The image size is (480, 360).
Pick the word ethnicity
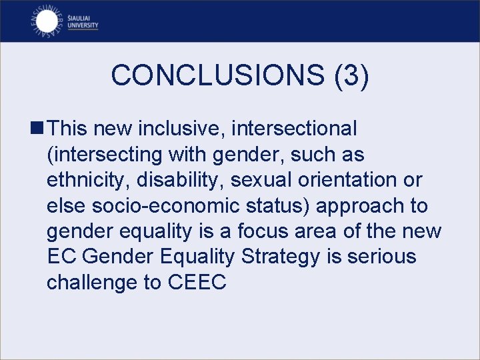tap(85, 180)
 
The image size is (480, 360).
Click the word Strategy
tap(291, 257)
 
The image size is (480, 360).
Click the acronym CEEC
tap(197, 283)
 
